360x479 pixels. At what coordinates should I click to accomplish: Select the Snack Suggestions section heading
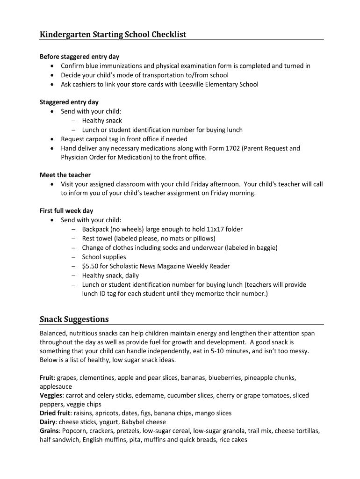tap(74, 319)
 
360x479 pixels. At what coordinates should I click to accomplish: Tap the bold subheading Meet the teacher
tap(65, 175)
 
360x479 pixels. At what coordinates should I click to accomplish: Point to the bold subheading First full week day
tap(66, 211)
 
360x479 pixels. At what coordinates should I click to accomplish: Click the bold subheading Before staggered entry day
tap(79, 57)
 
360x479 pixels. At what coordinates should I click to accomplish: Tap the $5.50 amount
tap(90, 266)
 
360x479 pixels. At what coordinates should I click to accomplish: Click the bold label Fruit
tap(47, 377)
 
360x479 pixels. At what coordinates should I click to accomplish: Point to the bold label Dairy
tap(48, 422)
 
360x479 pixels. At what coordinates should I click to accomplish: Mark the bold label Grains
tap(50, 431)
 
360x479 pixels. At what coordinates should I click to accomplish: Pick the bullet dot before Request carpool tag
tap(52, 139)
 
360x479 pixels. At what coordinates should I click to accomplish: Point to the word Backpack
tap(96, 229)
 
